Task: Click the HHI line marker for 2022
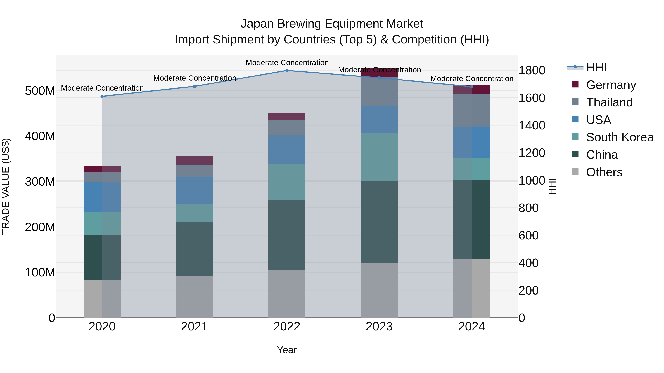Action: [287, 70]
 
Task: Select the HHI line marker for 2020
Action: [102, 96]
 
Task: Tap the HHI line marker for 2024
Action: [471, 87]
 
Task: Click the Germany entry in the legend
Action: [611, 85]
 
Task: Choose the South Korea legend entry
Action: [620, 137]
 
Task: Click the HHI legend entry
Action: [596, 67]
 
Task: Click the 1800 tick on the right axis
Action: [532, 70]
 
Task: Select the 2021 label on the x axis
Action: [194, 327]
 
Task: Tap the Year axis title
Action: [287, 350]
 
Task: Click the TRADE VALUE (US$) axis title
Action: [6, 186]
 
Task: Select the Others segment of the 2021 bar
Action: [194, 297]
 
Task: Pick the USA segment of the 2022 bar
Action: [287, 150]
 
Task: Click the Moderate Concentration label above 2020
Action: [102, 88]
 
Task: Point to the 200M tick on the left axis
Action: [40, 227]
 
